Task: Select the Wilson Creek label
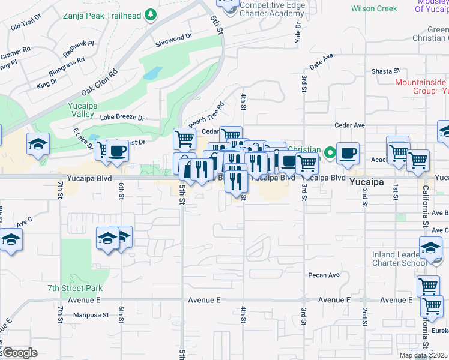click(x=374, y=8)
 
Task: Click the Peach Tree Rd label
click(x=206, y=112)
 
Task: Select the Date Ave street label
click(x=321, y=61)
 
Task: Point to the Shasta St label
click(x=385, y=71)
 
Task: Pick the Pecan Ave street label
click(x=325, y=275)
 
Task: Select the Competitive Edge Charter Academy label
click(x=272, y=9)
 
